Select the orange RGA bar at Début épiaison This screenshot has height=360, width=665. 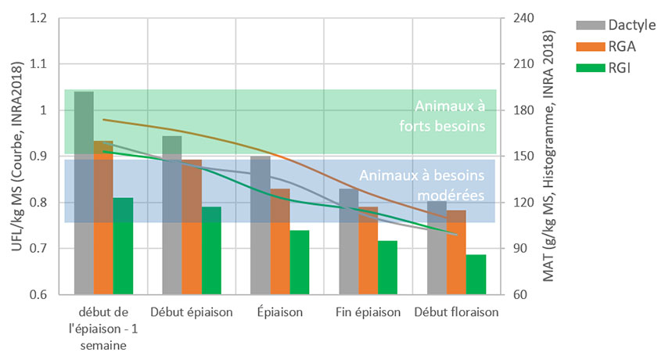pos(192,227)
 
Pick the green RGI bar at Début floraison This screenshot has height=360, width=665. pos(476,275)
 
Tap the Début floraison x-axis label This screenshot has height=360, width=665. pos(456,312)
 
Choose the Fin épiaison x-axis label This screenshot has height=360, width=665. pos(368,312)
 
